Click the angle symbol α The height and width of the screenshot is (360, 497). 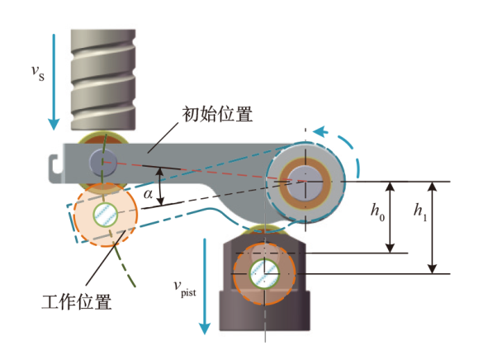[148, 195]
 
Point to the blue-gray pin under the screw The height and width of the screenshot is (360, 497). [104, 160]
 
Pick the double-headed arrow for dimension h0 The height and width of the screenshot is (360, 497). [392, 216]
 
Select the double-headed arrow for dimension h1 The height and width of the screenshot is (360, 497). [432, 227]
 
